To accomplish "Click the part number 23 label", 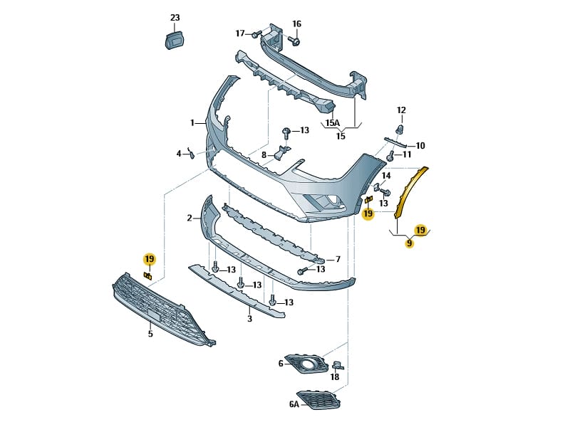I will pyautogui.click(x=175, y=18).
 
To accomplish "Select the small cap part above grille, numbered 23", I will pyautogui.click(x=175, y=40).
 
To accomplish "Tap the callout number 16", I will pyautogui.click(x=296, y=23).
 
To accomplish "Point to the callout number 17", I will pyautogui.click(x=240, y=33).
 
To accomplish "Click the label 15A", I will pyautogui.click(x=333, y=123).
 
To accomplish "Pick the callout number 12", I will pyautogui.click(x=401, y=110).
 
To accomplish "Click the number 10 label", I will pyautogui.click(x=420, y=145).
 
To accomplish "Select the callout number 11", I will pyautogui.click(x=407, y=154).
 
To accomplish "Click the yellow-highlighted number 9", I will pyautogui.click(x=409, y=243).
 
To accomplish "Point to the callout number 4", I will pyautogui.click(x=179, y=153).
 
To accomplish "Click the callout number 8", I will pyautogui.click(x=264, y=154).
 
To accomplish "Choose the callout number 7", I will pyautogui.click(x=338, y=259).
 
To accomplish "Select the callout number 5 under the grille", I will pyautogui.click(x=150, y=333).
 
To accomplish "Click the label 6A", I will pyautogui.click(x=294, y=404).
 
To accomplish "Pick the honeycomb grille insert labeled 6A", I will pyautogui.click(x=318, y=399).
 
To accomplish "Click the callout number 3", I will pyautogui.click(x=249, y=319).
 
